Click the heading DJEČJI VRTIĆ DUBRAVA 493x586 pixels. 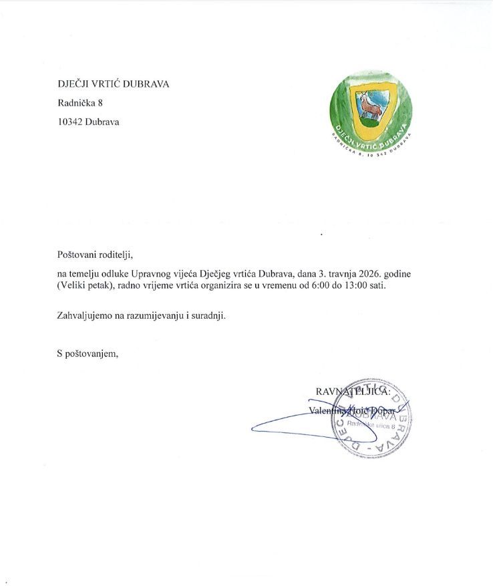[113, 84]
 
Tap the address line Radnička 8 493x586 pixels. [80, 103]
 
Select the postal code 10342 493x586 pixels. [69, 122]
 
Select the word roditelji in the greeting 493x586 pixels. [116, 254]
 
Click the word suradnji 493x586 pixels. [207, 315]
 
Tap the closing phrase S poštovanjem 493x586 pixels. [88, 353]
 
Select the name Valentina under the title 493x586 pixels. [325, 410]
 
